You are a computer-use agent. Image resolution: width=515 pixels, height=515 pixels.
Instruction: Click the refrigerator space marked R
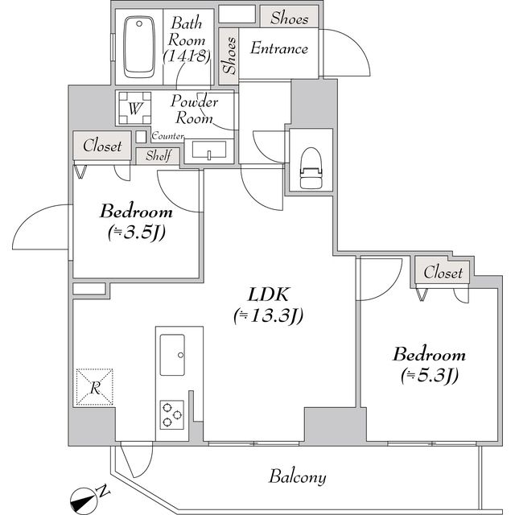[94, 387]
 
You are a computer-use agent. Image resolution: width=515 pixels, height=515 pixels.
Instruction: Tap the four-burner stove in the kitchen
[172, 414]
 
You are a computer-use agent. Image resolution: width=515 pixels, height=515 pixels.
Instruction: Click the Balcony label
[297, 477]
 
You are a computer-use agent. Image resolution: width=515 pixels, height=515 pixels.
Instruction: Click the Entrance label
[278, 48]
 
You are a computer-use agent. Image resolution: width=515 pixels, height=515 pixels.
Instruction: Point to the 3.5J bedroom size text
[136, 233]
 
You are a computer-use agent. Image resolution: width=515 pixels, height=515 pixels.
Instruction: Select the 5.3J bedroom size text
[428, 374]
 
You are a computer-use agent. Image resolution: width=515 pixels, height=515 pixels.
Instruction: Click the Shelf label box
[158, 156]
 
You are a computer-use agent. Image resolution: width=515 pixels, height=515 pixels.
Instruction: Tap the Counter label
[167, 137]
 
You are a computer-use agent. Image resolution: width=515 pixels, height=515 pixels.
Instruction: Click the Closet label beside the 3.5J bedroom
[102, 146]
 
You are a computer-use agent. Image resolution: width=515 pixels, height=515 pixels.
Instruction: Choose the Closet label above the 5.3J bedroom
[443, 273]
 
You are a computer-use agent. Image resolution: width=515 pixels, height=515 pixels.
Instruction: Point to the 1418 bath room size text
[187, 56]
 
